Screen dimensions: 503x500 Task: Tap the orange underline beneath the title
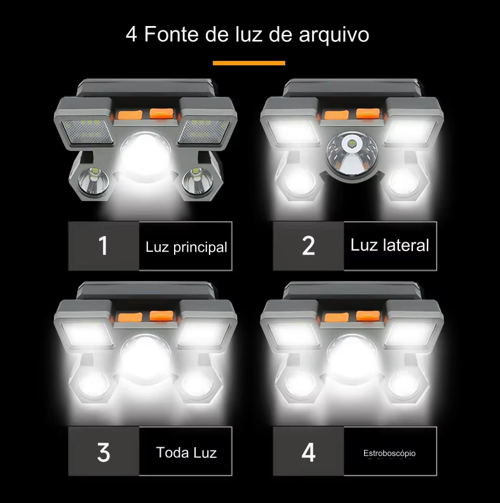click(x=249, y=63)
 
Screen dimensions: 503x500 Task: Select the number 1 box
click(x=104, y=246)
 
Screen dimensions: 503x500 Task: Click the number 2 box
click(x=308, y=246)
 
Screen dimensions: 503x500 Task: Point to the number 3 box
click(x=104, y=452)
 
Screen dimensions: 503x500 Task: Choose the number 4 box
click(x=308, y=452)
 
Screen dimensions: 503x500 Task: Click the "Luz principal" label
click(x=186, y=247)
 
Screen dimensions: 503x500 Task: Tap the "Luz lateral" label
click(x=389, y=245)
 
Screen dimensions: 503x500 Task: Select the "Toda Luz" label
click(x=186, y=453)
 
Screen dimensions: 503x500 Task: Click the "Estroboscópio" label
click(x=389, y=454)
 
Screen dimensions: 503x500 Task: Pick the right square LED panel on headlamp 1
click(x=202, y=130)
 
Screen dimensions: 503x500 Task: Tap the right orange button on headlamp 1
click(x=161, y=114)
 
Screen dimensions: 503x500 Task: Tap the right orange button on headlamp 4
click(x=367, y=316)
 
